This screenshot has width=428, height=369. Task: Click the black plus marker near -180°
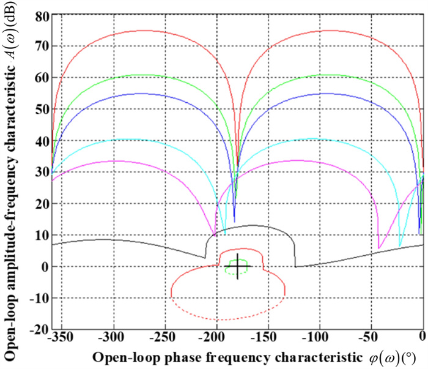click(x=237, y=266)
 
